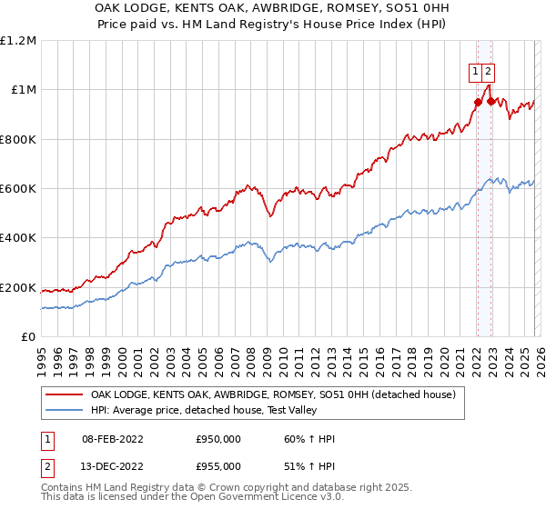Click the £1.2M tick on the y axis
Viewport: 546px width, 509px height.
pos(18,41)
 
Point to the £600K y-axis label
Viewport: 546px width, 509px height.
pos(18,189)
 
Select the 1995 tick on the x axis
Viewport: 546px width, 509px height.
pos(42,356)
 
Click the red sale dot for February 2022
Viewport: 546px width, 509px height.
pos(477,102)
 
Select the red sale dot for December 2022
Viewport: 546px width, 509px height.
pos(491,101)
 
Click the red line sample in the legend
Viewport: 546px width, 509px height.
pos(63,394)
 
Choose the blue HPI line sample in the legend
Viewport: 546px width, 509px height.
pos(63,411)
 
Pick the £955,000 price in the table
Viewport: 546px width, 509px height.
pos(218,465)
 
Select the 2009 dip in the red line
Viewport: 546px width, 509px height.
pos(269,216)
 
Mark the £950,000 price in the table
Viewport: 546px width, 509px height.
pos(218,439)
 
